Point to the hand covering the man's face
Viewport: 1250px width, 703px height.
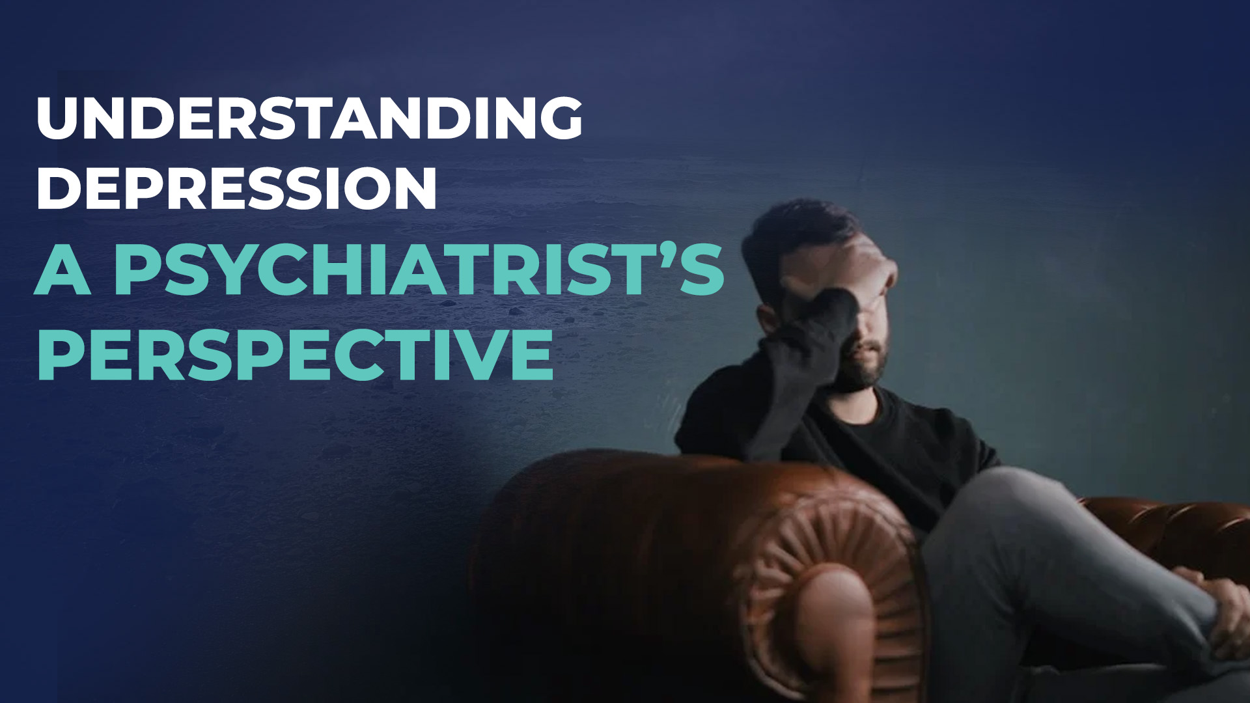[x=846, y=273]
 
